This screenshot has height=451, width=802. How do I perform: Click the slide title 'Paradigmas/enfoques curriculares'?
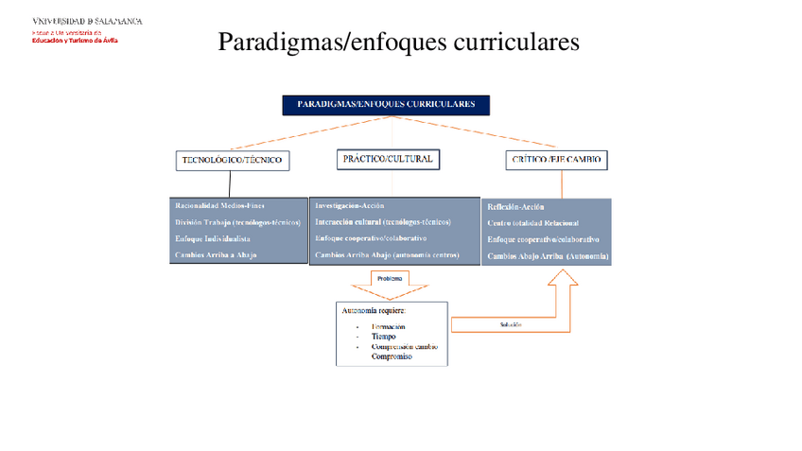coord(397,43)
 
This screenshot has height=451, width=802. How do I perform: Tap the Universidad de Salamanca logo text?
coord(87,20)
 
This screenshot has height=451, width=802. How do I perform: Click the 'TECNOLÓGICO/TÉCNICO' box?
coord(232,161)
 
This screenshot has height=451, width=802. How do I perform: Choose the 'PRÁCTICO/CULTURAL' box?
coord(387,159)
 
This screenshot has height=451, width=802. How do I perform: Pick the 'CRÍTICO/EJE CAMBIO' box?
coord(556,161)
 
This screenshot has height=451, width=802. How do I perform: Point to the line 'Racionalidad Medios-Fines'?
coord(220,205)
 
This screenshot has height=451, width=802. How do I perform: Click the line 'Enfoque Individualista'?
coord(213,239)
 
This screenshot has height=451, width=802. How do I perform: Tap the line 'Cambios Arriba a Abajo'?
coord(215,256)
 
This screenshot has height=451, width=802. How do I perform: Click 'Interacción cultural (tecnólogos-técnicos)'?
coord(383,222)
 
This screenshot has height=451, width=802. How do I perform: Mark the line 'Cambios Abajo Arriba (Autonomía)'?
coord(548,257)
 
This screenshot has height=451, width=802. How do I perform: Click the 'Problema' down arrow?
coord(390,281)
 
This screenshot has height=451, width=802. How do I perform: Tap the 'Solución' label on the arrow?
coord(511,324)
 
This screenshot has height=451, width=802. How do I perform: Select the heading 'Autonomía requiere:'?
coord(374,310)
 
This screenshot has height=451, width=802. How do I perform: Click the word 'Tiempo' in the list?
coord(384,337)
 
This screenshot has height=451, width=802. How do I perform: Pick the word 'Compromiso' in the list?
coord(395,357)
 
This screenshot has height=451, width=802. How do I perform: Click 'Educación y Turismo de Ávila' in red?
coord(76,40)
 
